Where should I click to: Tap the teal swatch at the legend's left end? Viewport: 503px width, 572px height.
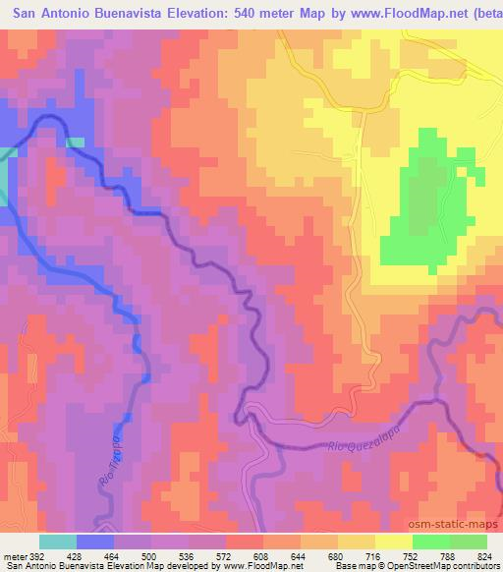tap(58, 541)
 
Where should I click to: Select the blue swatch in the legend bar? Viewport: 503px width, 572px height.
tap(93, 541)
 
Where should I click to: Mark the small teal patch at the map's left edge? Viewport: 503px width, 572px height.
tap(4, 177)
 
